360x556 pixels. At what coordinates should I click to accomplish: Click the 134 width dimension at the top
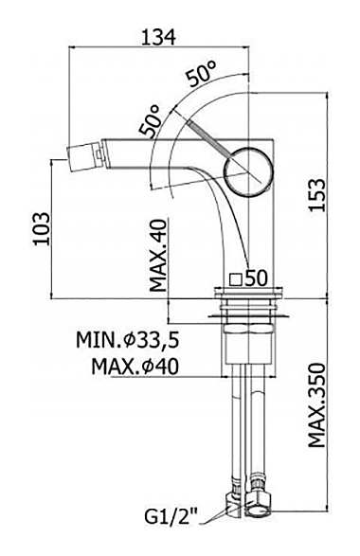[158, 37]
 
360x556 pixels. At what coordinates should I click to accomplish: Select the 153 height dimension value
[316, 195]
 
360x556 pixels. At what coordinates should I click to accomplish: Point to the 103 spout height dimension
[41, 228]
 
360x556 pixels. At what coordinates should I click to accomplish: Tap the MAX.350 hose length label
[316, 405]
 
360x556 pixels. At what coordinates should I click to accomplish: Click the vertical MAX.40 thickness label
[158, 256]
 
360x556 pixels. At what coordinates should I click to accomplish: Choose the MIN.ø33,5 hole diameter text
[127, 340]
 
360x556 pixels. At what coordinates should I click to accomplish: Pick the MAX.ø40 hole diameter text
[135, 367]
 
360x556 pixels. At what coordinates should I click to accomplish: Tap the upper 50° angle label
[202, 74]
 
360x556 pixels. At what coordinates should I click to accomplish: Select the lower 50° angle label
[150, 121]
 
